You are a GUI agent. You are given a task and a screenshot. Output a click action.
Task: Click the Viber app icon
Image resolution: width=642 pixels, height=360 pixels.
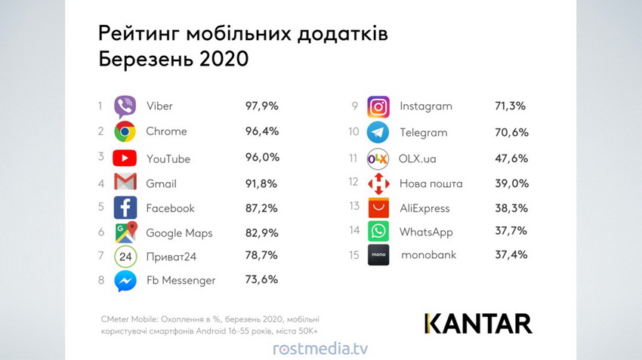coord(125,106)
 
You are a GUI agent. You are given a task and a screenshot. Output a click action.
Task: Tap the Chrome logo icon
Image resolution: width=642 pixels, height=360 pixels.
coord(125,131)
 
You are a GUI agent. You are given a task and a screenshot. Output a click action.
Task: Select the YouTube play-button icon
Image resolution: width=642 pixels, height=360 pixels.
coord(125,158)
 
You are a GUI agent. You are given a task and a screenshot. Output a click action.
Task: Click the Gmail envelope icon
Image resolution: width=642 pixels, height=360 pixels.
coord(125,183)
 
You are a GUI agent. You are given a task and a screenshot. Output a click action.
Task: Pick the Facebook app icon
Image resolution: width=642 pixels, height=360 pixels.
coord(125,208)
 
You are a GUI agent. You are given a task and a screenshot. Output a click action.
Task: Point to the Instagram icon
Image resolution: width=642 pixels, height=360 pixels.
coord(378,106)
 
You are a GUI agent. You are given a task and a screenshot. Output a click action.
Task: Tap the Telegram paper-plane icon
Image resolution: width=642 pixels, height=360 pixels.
coord(378,132)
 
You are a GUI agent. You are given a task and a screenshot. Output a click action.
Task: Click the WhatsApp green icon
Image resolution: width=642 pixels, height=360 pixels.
coord(378,231)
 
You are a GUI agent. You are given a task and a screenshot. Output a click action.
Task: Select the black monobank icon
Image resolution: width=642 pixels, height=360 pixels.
coord(378,255)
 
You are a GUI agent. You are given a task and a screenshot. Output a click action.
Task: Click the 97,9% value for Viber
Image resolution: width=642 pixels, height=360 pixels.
coord(261,106)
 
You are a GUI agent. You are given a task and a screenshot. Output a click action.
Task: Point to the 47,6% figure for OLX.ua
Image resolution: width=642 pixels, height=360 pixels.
coord(511,158)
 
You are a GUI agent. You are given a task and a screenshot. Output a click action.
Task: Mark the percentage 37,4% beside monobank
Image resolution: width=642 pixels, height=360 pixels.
coord(511,254)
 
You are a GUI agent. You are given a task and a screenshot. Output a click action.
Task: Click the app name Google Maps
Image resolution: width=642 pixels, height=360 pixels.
coord(180,232)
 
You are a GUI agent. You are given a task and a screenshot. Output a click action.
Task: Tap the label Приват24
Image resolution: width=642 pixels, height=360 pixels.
coord(171,257)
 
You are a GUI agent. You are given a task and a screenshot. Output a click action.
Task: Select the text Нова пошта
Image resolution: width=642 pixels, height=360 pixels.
coord(431,183)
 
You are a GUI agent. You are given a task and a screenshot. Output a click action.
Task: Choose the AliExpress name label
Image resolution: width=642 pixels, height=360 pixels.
coord(424,208)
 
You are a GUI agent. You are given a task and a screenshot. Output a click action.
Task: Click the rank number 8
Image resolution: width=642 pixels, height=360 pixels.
coord(100,280)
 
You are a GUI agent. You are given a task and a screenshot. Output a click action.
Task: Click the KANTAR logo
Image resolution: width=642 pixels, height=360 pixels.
coord(477,323)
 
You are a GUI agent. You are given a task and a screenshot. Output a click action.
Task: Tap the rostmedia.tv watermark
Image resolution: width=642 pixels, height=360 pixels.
coord(320,349)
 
